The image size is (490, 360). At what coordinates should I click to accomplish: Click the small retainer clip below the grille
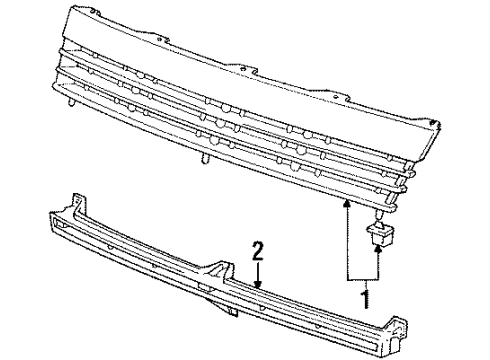(380, 233)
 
